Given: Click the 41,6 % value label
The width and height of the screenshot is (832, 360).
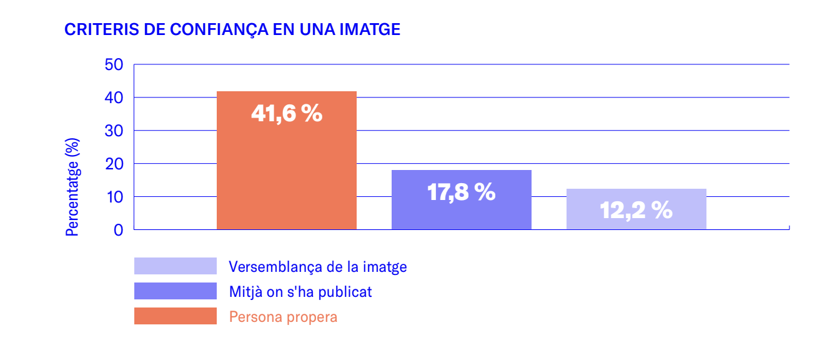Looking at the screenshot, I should coord(287,113).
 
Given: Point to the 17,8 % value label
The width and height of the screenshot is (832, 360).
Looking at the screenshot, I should coord(461,192).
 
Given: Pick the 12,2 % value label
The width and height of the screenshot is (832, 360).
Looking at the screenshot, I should coord(636,211).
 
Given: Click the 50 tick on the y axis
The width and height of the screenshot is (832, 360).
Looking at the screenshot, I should coord(115,64).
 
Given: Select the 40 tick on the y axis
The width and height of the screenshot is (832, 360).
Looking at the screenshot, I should coord(115,97).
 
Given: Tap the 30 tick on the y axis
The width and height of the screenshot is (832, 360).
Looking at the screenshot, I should coord(115,131).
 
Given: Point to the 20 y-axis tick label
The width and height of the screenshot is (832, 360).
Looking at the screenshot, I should coord(115,164).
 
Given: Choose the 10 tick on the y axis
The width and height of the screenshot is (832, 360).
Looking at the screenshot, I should coord(115,197).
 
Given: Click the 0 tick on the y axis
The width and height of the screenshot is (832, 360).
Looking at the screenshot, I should coord(119,230).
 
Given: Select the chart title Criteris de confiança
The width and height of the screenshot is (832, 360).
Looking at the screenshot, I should coord(232,30).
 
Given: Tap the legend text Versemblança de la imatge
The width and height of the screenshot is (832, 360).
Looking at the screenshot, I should coord(318,267).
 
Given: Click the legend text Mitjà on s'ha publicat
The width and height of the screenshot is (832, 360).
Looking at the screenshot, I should coord(300,291).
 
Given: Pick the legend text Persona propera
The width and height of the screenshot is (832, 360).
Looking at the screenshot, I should coord(283,316).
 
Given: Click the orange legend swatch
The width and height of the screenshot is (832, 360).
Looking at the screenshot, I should coord(175,316).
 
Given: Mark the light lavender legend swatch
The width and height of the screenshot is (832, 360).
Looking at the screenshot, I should coord(175,266).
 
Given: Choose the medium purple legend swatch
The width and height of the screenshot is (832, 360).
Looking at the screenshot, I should coord(175,291).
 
